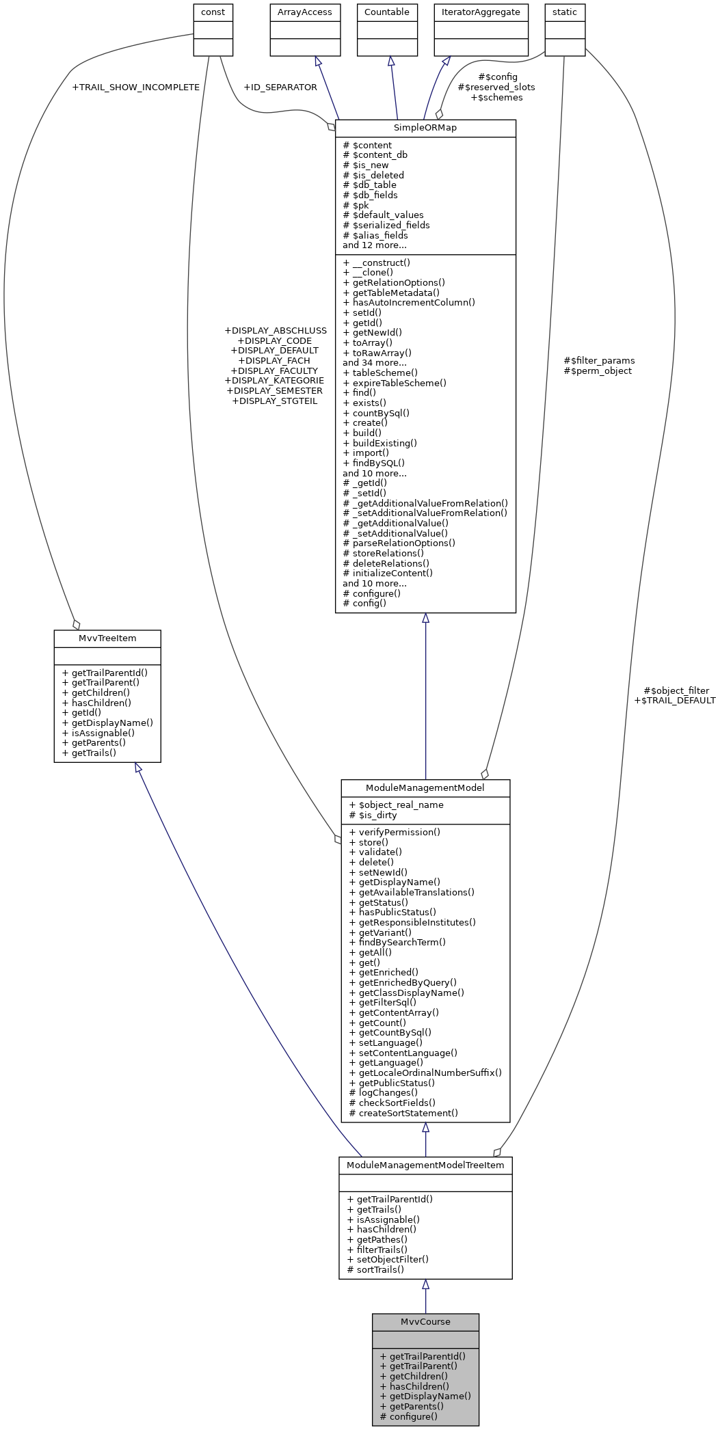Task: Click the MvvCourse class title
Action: (425, 1321)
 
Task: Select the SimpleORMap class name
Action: (425, 128)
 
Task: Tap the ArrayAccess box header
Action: (305, 12)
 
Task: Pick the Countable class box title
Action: (387, 12)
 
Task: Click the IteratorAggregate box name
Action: (481, 12)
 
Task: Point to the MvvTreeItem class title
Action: (107, 638)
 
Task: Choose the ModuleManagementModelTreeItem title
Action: (425, 1165)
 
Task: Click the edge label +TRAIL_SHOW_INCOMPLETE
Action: (135, 87)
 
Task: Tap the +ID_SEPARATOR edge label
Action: (280, 87)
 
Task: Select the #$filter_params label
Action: (599, 360)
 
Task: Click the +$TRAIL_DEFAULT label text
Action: (674, 700)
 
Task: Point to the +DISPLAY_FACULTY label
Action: (274, 370)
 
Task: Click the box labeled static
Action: (565, 12)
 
